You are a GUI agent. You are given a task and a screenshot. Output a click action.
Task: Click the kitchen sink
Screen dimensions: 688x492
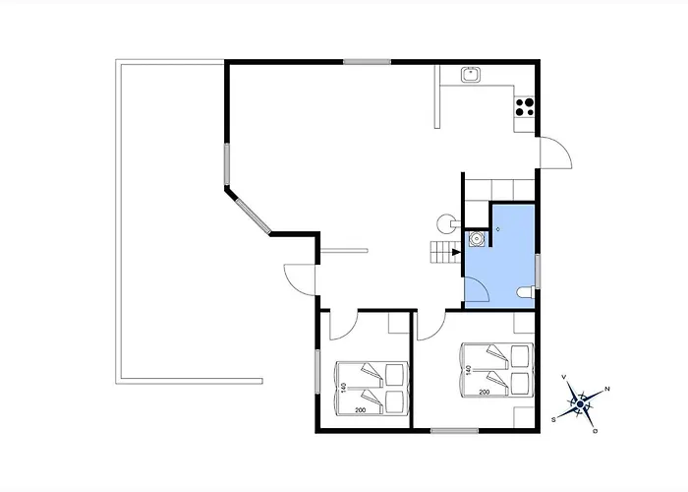(471, 75)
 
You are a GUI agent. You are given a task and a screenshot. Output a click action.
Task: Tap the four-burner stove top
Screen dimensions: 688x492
(524, 106)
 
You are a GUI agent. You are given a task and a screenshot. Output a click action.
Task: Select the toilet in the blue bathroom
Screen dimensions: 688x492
(526, 291)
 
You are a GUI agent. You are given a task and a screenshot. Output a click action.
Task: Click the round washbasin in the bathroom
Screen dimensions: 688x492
(476, 238)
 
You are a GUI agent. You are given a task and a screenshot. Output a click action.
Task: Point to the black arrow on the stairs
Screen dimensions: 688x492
(456, 252)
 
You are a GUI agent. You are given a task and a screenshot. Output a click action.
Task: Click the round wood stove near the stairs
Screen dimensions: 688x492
(446, 223)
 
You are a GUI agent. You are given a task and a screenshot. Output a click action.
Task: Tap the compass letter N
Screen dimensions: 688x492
(607, 389)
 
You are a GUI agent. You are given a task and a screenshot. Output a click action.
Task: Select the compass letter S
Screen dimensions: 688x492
(553, 419)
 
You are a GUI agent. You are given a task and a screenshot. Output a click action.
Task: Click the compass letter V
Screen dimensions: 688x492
(564, 377)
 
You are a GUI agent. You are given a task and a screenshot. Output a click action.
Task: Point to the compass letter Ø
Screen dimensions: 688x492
(596, 431)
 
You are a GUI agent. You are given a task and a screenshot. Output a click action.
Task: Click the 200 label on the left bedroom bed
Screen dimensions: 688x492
(361, 410)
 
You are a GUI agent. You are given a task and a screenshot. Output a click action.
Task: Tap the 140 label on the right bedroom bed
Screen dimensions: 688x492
(469, 370)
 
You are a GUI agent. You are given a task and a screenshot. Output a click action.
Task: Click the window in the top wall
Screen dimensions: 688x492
(367, 62)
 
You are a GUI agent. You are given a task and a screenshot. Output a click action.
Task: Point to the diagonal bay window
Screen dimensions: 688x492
(253, 215)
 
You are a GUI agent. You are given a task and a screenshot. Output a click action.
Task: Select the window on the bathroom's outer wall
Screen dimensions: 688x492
(538, 272)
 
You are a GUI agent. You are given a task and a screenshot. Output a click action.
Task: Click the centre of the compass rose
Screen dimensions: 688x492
(581, 404)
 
